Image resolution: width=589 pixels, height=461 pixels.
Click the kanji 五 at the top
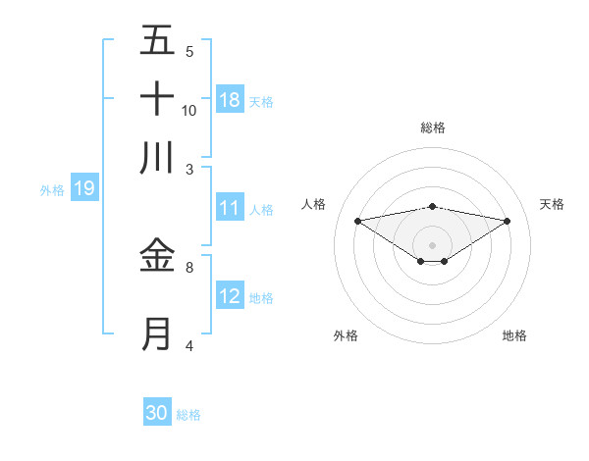(157, 42)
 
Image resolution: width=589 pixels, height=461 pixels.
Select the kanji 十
(157, 99)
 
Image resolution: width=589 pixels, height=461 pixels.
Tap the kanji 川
(157, 157)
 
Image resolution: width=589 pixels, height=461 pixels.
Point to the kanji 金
(157, 256)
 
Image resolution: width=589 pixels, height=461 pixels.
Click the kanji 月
(157, 334)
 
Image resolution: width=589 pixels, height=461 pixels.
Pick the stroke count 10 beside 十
(189, 110)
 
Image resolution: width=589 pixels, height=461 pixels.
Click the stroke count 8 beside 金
(188, 266)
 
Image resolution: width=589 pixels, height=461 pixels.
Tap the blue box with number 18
(230, 99)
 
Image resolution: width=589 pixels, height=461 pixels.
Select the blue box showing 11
(230, 208)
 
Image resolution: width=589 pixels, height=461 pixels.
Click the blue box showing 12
(230, 296)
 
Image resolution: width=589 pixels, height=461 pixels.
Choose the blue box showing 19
(83, 188)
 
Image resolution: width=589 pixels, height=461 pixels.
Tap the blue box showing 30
(157, 413)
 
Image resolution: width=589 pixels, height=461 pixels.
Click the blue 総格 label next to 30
(188, 415)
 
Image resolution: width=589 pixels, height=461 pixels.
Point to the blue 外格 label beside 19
(52, 189)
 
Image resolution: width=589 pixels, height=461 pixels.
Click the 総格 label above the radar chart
(432, 128)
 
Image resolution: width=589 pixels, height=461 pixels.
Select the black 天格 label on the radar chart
(553, 204)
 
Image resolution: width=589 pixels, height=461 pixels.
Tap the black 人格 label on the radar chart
(314, 204)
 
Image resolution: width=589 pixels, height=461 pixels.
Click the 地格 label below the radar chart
(514, 335)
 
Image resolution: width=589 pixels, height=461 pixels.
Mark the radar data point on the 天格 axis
(507, 221)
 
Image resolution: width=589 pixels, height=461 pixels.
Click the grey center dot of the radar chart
(432, 244)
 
